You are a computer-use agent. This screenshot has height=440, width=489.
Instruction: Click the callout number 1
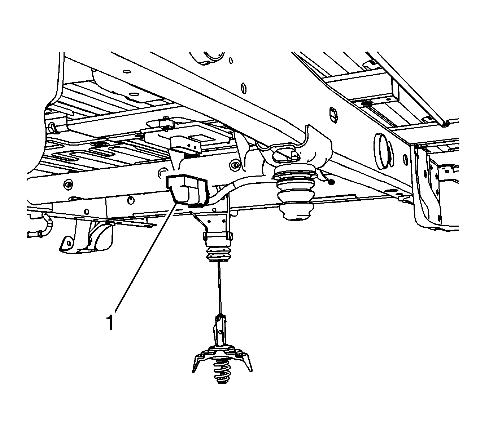click(111, 322)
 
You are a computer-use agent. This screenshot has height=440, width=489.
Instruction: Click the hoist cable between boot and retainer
click(220, 288)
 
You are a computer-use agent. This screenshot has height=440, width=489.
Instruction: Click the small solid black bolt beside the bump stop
click(331, 182)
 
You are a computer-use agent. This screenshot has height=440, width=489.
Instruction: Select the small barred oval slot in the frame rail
click(333, 115)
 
